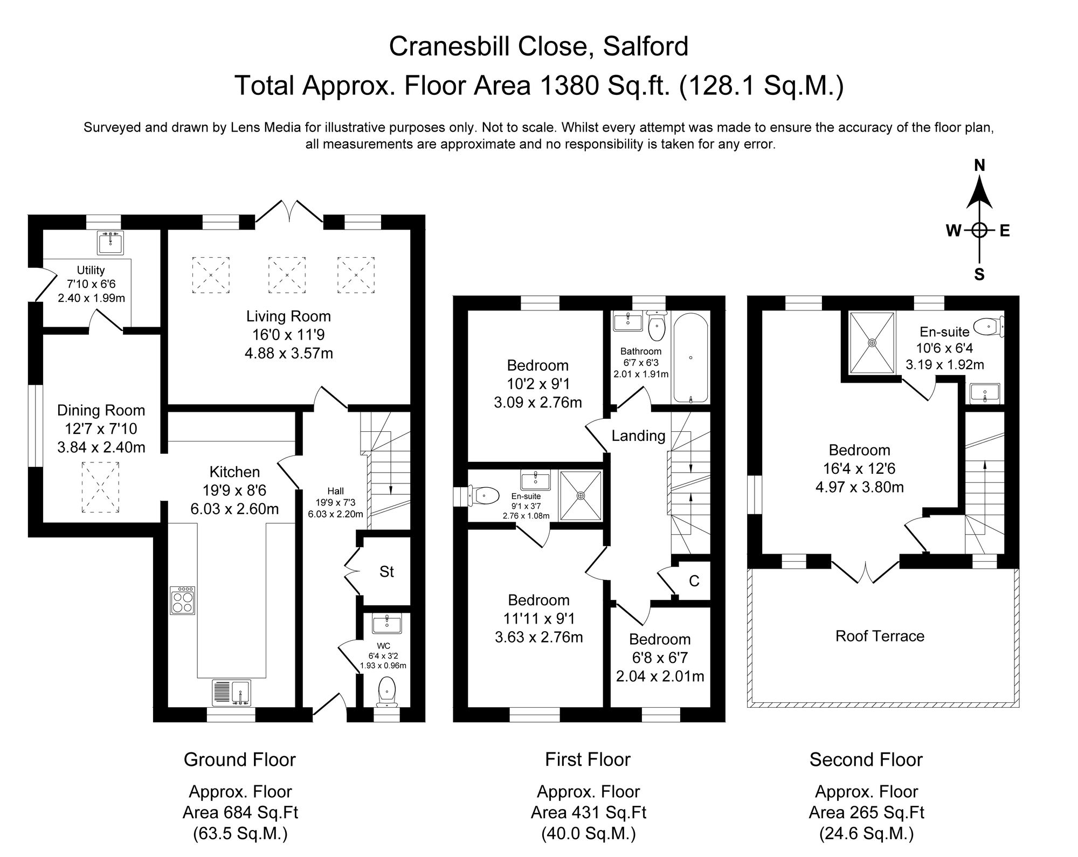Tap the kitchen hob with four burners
pos(183,600)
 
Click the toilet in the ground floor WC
pos(388,692)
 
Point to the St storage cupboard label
pos(386,572)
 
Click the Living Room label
pos(288,316)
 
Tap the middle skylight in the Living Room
pos(287,275)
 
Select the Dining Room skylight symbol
pos(100,487)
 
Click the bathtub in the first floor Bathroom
pos(690,359)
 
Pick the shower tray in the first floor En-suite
pos(581,495)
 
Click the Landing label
pos(638,436)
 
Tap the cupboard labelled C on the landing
pos(694,581)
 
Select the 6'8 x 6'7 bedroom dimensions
pos(660,658)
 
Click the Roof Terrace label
pos(880,636)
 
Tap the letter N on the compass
pos(979,165)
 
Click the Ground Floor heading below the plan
pos(239,759)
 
